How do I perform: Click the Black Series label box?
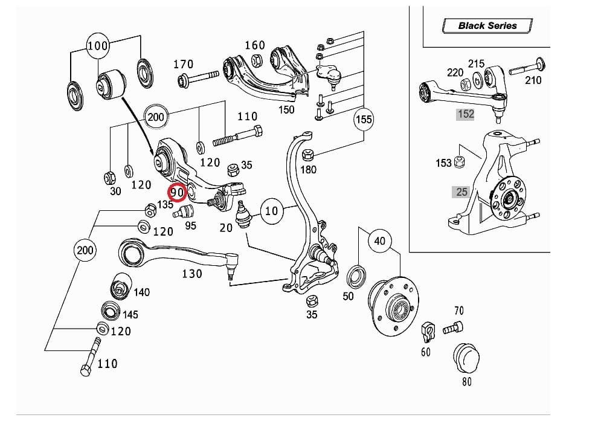coord(487,25)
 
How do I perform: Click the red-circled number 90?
coord(177,192)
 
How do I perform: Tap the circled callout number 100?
coord(98,45)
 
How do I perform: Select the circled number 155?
coord(364,119)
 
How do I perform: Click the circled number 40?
coord(379,240)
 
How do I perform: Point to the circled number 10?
coord(272,210)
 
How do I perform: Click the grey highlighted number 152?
coord(466,114)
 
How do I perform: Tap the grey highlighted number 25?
coord(461,192)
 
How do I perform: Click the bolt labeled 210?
coord(527,66)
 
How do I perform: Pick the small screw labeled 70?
coord(452,328)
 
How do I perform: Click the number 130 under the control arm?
coord(192,274)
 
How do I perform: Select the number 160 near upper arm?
coord(254,45)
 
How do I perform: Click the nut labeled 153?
coord(459,162)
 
